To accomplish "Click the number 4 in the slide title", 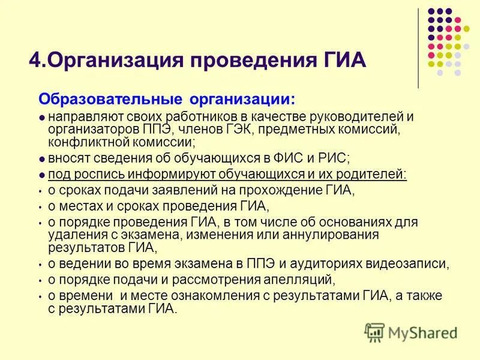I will click(34, 62).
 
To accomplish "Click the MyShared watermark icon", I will click(375, 332).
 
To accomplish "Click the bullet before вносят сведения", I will click(41, 159).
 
